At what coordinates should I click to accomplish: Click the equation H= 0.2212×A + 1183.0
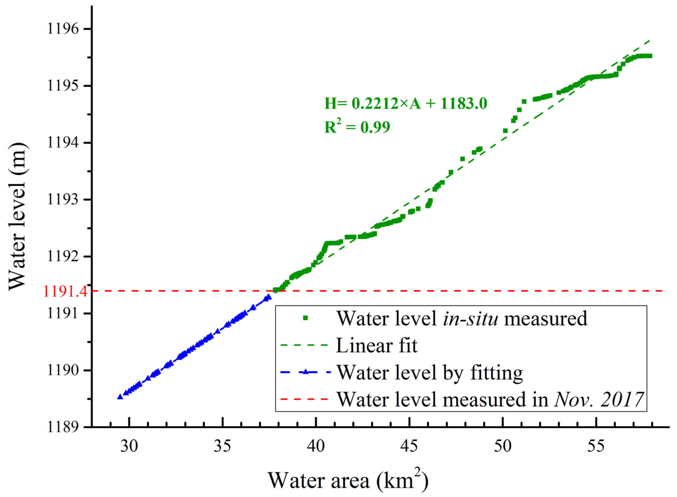[405, 104]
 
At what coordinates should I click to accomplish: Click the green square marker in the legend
[305, 318]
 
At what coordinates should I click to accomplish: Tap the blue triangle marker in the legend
[305, 372]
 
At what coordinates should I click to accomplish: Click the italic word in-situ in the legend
[470, 318]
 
